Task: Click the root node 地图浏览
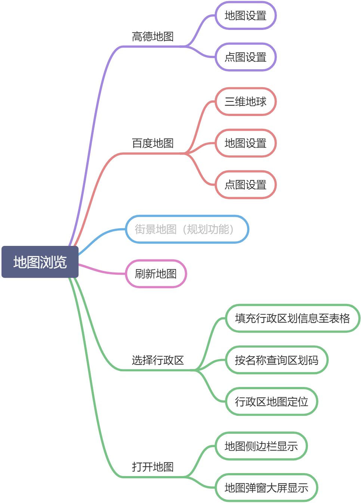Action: (40, 262)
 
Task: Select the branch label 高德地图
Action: (152, 37)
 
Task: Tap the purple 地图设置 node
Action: (246, 16)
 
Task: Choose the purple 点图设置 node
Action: (246, 57)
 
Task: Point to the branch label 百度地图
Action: (152, 143)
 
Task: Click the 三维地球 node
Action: (246, 102)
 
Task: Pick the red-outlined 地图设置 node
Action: (246, 143)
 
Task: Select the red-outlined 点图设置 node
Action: (246, 185)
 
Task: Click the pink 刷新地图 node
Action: (155, 274)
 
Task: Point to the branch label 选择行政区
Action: (158, 360)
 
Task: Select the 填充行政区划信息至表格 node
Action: (293, 318)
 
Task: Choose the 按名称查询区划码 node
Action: (277, 360)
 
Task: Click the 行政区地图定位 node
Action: (271, 402)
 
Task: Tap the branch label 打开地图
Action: (152, 467)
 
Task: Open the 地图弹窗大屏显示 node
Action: (266, 488)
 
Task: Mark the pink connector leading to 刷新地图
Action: (101, 272)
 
